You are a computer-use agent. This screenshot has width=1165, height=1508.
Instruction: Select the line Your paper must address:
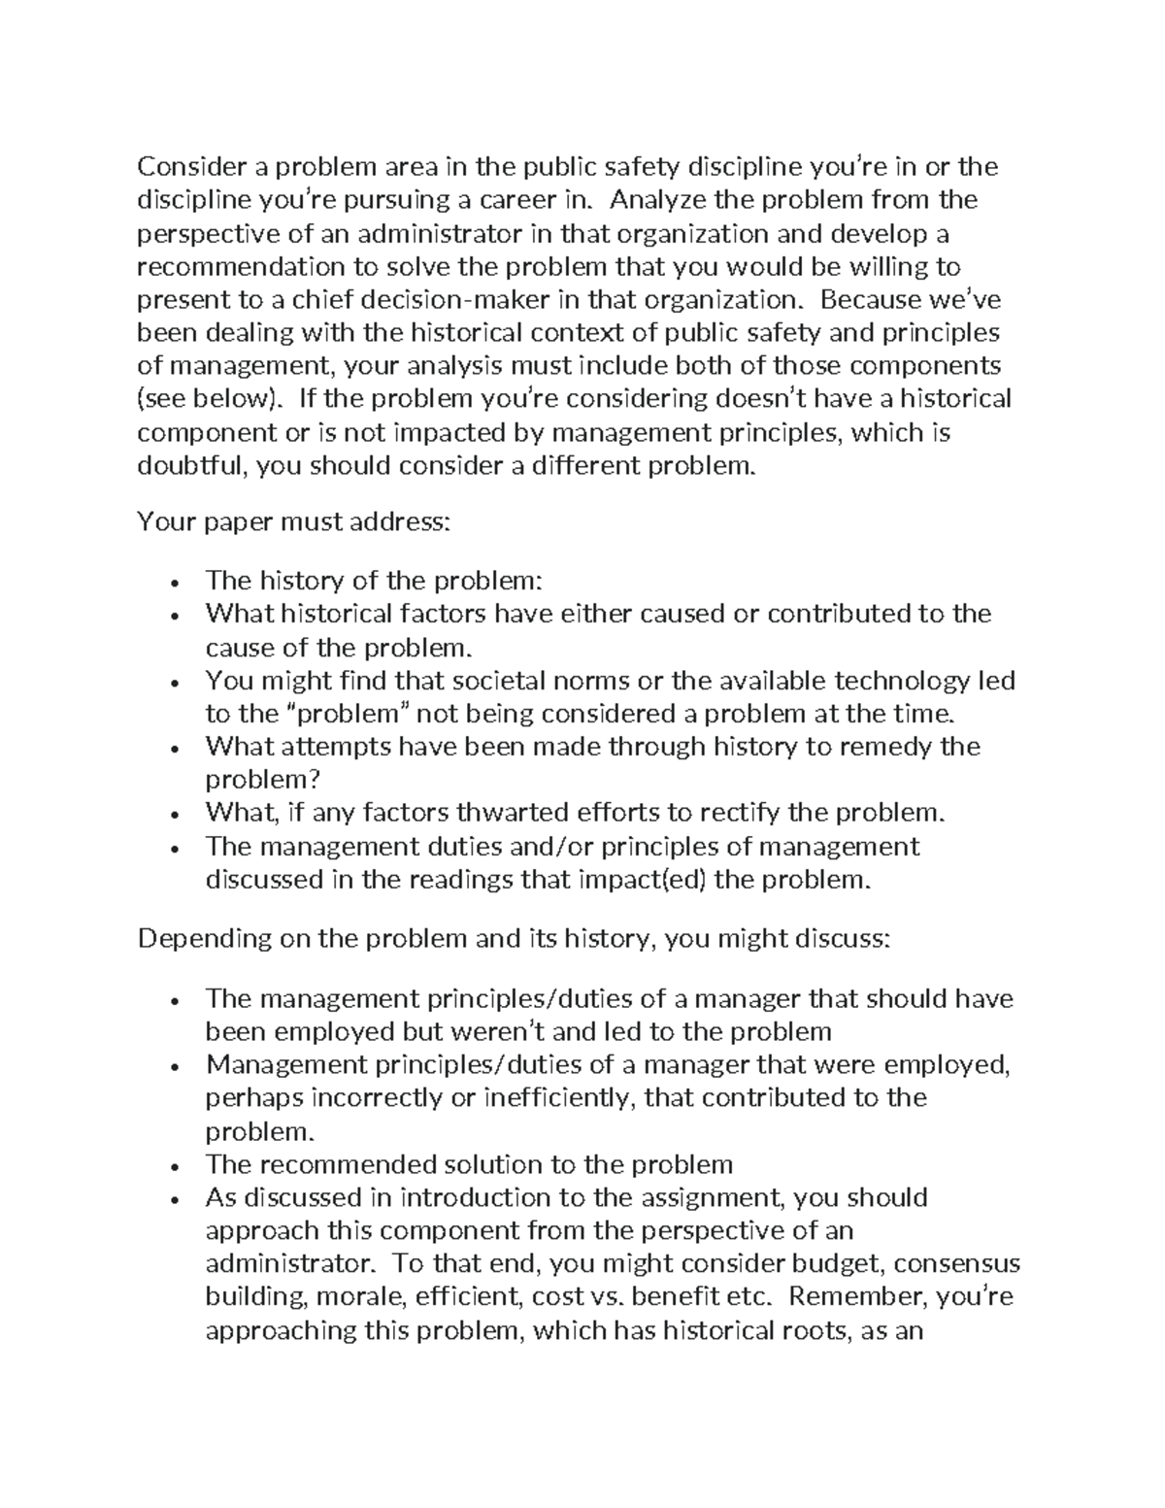coord(294,522)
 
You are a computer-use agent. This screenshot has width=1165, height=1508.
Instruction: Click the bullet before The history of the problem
coord(173,583)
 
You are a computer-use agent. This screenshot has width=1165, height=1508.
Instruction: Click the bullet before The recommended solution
coord(173,1166)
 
